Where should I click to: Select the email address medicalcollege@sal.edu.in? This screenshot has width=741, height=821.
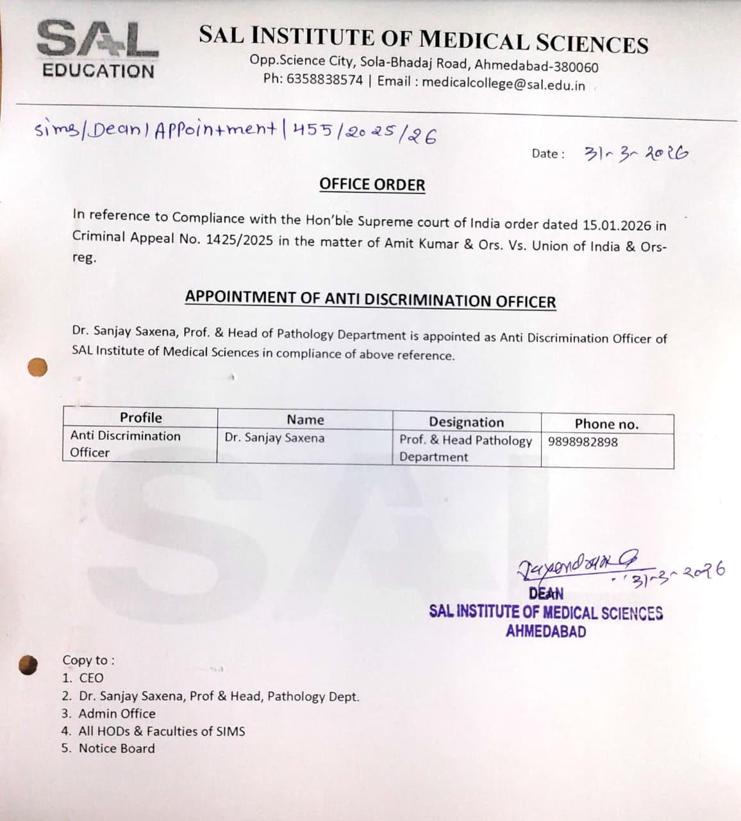point(503,84)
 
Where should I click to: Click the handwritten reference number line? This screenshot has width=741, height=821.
point(236,131)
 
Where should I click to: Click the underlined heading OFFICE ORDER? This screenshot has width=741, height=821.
point(372,185)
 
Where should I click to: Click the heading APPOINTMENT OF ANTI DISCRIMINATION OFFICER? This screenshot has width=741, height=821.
point(370,300)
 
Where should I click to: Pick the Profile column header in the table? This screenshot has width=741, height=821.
point(140,418)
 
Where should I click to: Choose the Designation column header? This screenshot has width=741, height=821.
point(466,422)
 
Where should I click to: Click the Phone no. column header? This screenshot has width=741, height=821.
point(606,424)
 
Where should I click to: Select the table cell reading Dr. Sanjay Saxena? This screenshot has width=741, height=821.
point(274,438)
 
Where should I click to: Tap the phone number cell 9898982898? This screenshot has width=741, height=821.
point(583,442)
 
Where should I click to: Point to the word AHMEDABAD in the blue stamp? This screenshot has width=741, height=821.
point(545,631)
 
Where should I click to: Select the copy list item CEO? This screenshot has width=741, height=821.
point(91,678)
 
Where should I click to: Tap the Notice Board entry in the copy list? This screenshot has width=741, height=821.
point(116,748)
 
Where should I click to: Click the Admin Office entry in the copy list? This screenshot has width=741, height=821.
point(117,713)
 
